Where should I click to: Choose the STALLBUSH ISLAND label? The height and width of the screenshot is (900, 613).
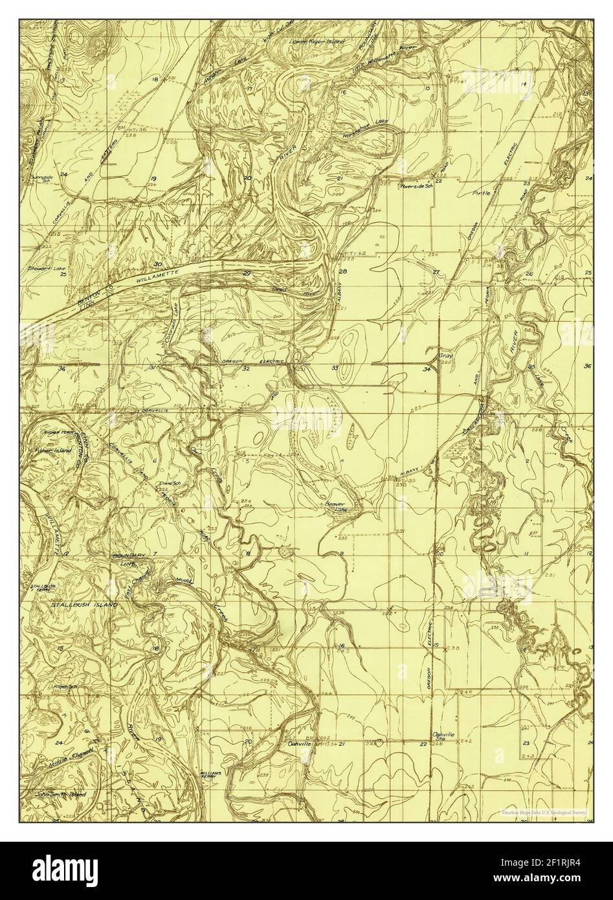(x=84, y=604)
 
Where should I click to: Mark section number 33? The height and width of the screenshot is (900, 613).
(x=335, y=368)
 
